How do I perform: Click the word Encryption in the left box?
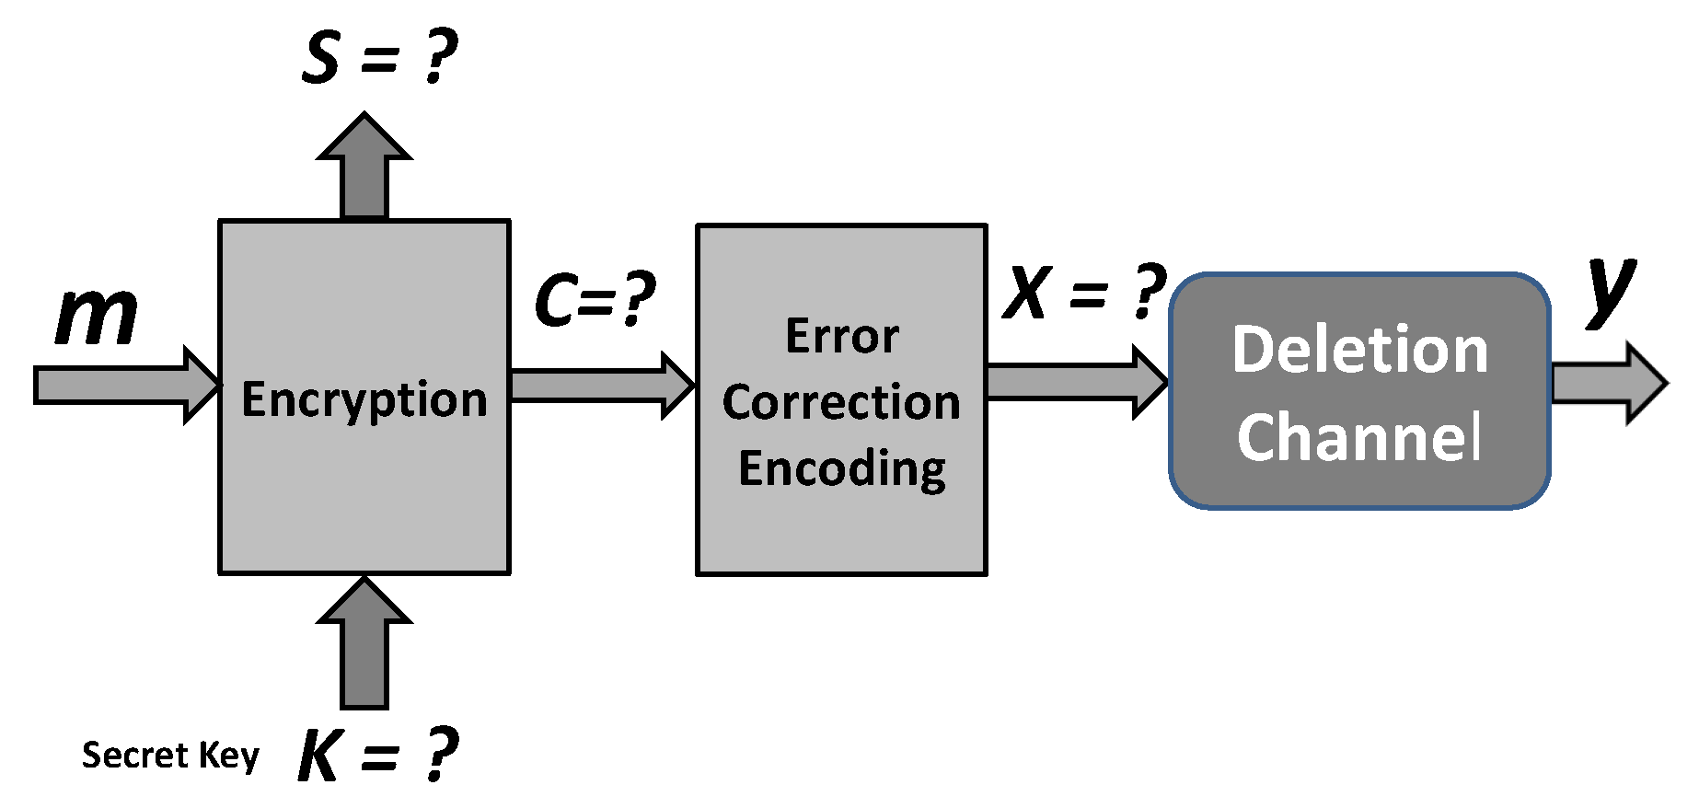pos(364,400)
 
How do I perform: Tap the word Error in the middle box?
pos(842,336)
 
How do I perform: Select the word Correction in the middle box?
pos(841,402)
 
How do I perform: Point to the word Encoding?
pos(842,468)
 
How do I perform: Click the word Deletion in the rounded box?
pos(1359,351)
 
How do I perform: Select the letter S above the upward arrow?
pos(321,57)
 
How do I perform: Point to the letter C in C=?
pos(555,300)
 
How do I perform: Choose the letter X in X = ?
pos(1026,293)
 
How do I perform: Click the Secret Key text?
pos(170,756)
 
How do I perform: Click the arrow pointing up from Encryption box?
pos(364,170)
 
